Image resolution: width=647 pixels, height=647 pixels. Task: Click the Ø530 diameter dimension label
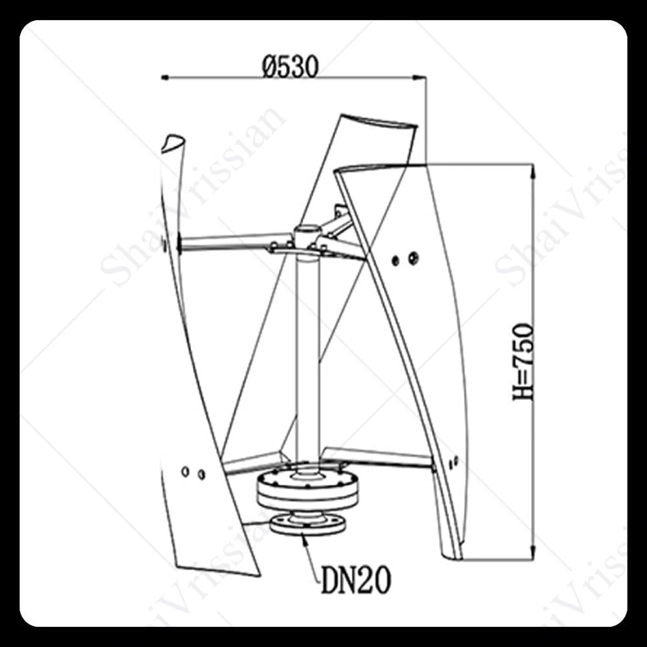pos(291,65)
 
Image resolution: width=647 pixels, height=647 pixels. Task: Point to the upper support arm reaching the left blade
pos(226,241)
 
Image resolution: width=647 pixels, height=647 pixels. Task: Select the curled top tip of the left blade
pos(173,142)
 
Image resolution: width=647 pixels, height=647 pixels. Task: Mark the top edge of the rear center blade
pos(378,124)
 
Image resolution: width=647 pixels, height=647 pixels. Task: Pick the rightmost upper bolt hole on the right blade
pos(413,258)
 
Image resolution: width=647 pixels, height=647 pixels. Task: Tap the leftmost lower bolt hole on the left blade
pos(186,471)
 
